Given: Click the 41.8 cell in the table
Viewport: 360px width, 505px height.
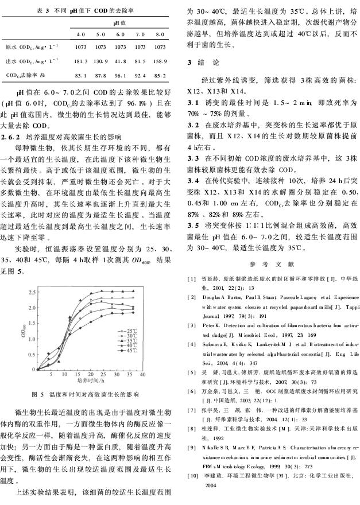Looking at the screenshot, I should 121,60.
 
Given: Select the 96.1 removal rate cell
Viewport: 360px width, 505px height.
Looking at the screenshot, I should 121,75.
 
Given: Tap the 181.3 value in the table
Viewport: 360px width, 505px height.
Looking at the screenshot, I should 81,60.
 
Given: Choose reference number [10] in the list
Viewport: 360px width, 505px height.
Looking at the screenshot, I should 193,477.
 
